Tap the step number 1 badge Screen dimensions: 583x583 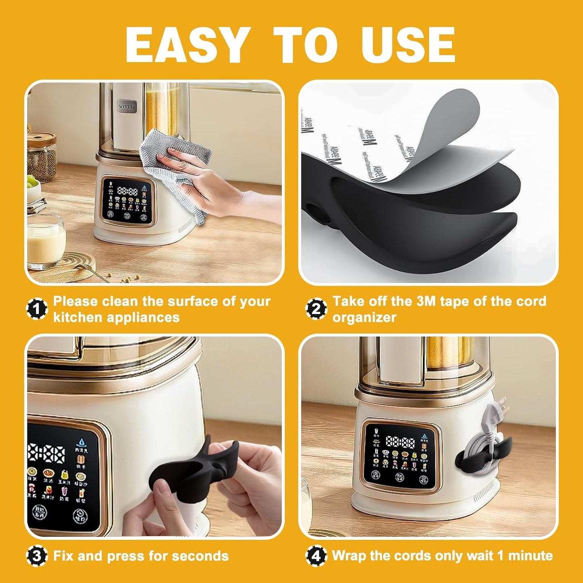(37, 309)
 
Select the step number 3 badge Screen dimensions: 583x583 (37, 556)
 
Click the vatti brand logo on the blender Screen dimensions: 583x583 (127, 107)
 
